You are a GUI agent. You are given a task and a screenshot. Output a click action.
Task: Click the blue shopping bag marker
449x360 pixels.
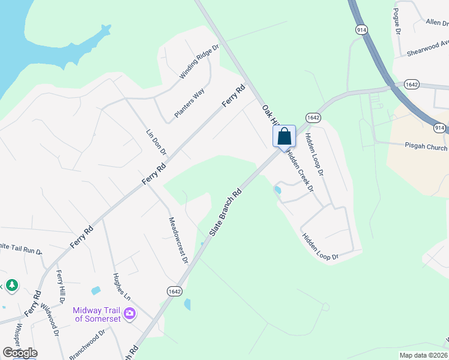(285, 136)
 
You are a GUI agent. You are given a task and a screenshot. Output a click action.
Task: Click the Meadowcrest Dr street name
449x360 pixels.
(178, 241)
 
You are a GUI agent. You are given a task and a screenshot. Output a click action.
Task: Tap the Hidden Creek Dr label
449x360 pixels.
(300, 171)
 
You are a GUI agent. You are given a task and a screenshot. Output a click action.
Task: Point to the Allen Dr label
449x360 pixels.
(436, 22)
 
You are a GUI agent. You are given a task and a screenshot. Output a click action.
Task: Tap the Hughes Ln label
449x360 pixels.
(121, 287)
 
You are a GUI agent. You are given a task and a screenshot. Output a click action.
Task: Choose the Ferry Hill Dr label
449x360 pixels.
(61, 286)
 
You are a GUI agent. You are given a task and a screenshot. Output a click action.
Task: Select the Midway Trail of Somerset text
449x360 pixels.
(97, 314)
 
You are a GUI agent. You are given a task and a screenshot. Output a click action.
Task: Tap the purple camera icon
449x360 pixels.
(129, 313)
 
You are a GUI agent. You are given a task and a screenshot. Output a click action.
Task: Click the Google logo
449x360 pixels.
(20, 353)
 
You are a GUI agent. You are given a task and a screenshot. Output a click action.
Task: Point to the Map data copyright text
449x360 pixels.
(423, 355)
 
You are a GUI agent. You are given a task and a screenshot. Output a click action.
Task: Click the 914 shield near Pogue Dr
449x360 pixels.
(361, 29)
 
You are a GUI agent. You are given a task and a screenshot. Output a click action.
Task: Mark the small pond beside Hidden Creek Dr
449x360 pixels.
(277, 190)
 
